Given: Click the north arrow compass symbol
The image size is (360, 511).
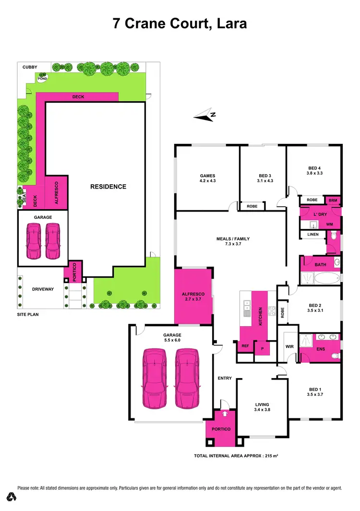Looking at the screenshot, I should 205,115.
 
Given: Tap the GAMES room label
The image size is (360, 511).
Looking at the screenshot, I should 207,175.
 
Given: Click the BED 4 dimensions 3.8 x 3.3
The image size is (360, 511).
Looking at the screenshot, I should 314,174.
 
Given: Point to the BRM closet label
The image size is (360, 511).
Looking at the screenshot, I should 333,200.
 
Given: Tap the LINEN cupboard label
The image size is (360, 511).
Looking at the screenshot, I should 312,235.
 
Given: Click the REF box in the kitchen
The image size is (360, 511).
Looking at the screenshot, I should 245,345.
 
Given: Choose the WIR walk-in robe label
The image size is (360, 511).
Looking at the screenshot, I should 289,345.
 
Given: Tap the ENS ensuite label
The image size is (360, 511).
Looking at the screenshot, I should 321,349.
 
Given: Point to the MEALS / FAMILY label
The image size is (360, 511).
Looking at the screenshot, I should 233,238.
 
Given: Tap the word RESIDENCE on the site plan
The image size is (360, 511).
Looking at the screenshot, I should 108,187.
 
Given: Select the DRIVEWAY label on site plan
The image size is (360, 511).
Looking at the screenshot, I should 42,289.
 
